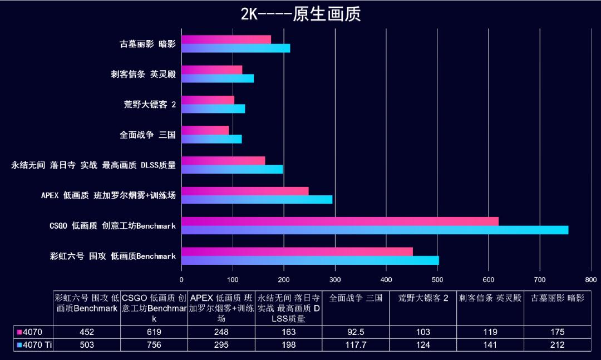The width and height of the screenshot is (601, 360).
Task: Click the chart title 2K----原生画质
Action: [300, 14]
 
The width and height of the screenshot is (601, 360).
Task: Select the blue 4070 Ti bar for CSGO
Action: [375, 230]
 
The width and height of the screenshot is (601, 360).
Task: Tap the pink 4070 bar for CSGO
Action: [339, 221]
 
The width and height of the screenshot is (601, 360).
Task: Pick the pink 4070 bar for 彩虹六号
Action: [297, 251]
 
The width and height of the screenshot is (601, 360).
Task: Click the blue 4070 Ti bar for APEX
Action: [257, 200]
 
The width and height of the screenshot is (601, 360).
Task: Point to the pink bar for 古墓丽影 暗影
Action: [226, 40]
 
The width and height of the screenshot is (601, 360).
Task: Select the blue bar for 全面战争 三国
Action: [211, 139]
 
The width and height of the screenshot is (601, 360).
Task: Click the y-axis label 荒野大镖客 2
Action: [150, 104]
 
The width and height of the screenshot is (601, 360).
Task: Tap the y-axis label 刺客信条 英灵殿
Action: [143, 74]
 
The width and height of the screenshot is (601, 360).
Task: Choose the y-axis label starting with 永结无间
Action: [93, 165]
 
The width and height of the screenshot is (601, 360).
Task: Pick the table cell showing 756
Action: [154, 345]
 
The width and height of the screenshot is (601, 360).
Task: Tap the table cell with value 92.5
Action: [355, 332]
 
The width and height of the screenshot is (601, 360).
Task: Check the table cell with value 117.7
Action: [355, 345]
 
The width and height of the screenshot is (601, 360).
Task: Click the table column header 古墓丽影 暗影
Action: [557, 298]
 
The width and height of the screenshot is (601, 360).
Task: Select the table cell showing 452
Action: [87, 332]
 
